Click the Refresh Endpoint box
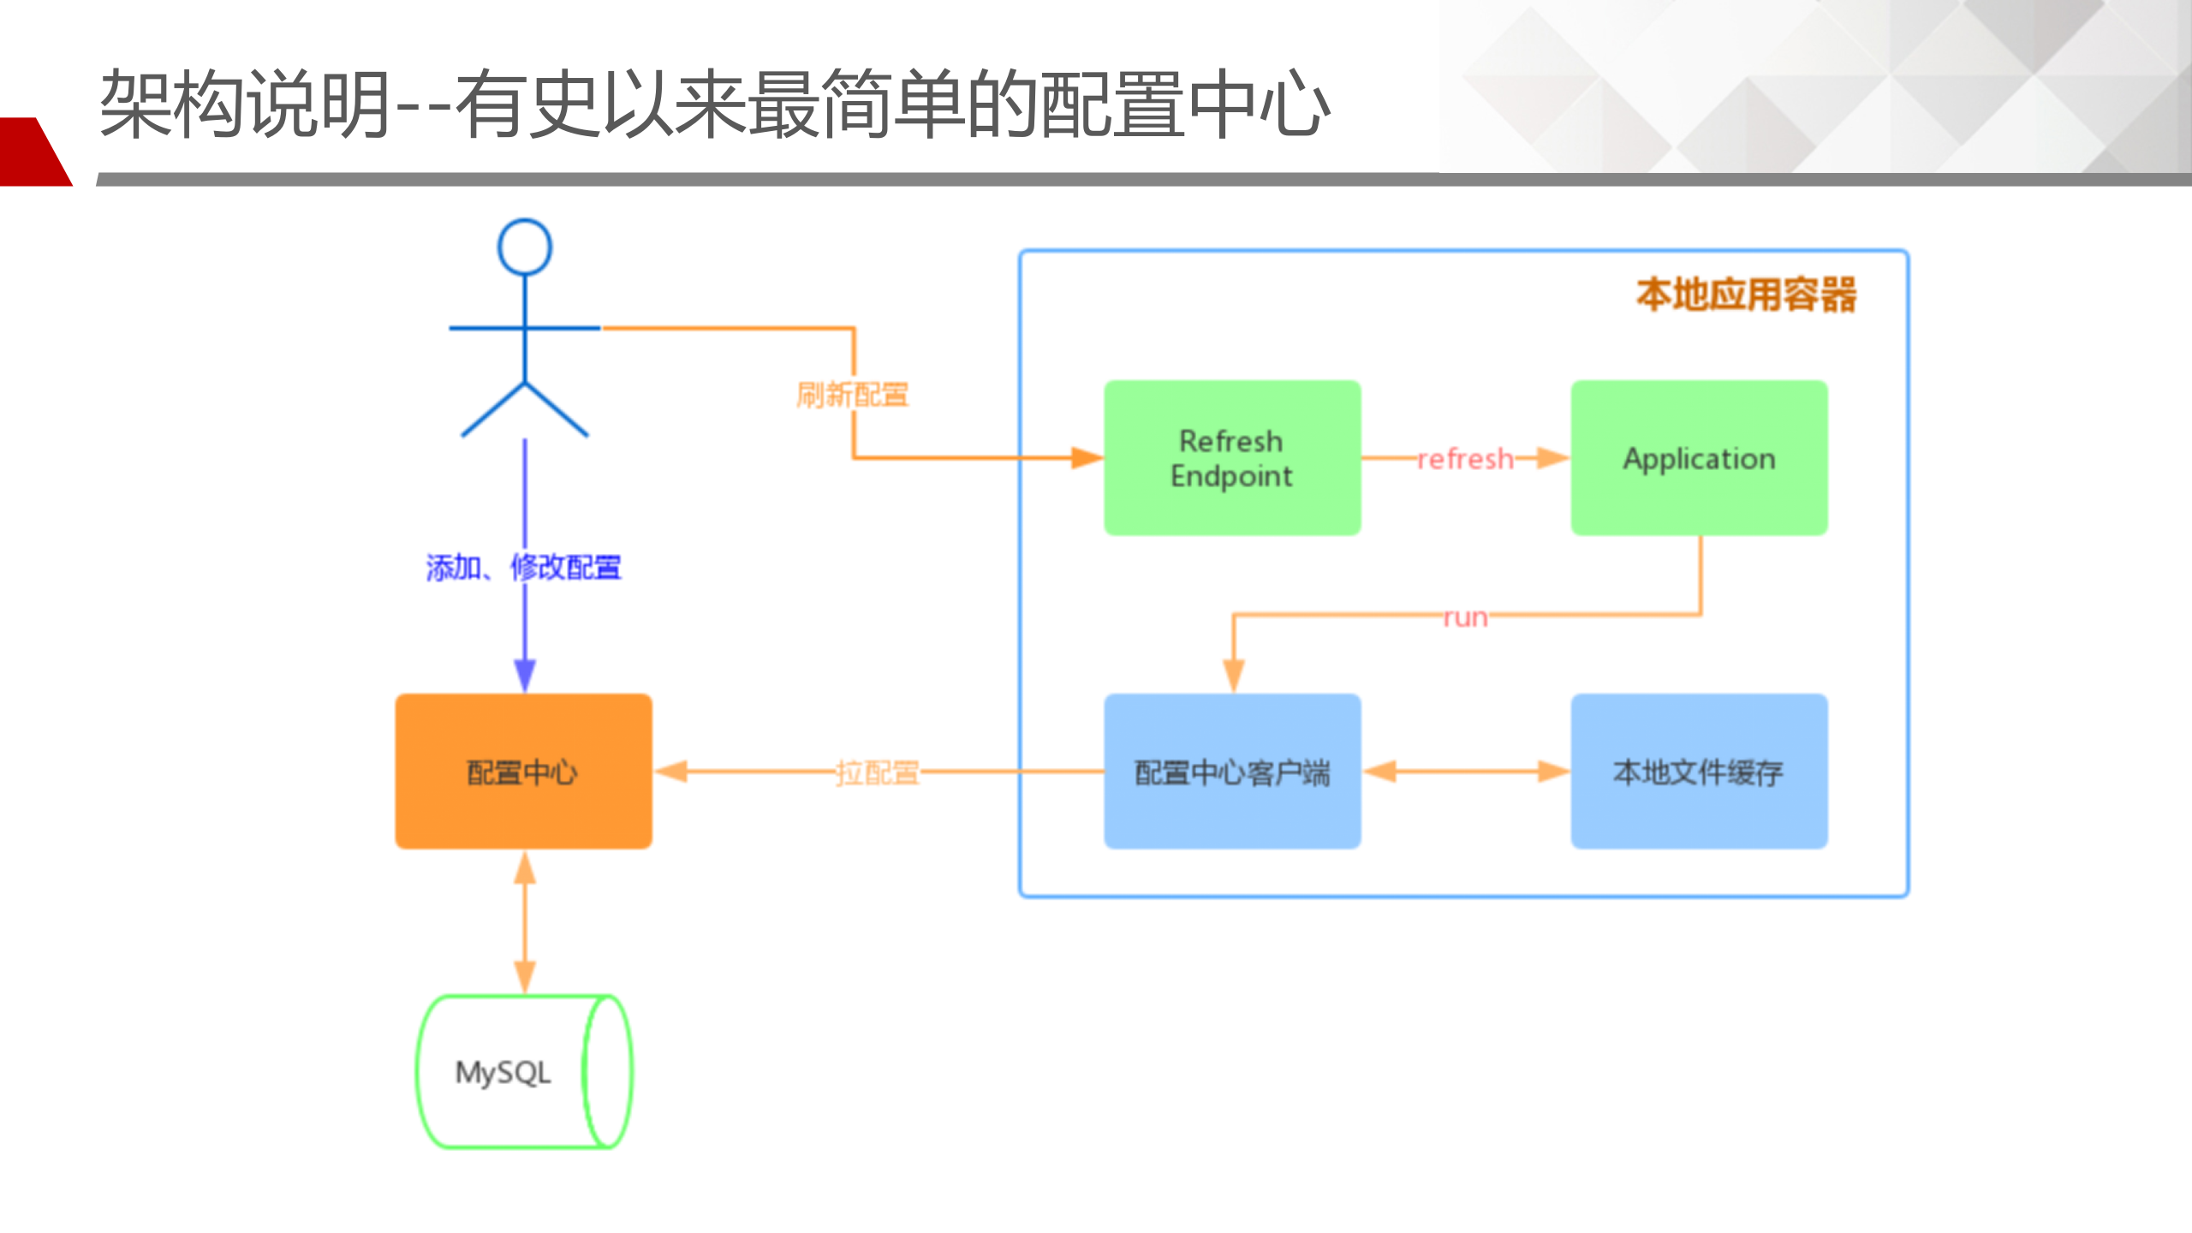(1231, 458)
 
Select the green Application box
(1699, 458)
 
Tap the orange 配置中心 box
(523, 771)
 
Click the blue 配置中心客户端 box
(1231, 771)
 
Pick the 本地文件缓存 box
(1699, 771)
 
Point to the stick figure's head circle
(525, 247)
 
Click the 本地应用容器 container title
(1747, 295)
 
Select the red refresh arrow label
(1465, 460)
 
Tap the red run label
(1465, 616)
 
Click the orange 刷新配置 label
(852, 395)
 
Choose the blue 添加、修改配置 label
(523, 567)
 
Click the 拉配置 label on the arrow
(877, 772)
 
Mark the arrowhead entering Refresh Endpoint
(1087, 458)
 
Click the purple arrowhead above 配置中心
(525, 675)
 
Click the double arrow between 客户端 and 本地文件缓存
(1466, 771)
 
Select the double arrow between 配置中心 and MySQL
(525, 923)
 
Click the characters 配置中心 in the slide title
(1186, 104)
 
